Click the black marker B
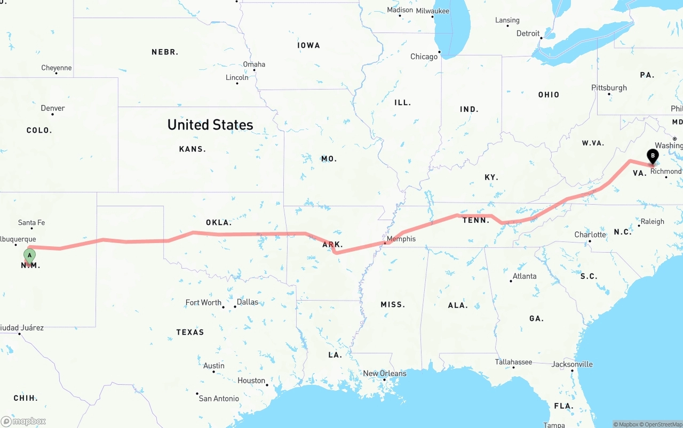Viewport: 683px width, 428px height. pyautogui.click(x=652, y=156)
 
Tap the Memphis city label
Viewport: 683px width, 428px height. pyautogui.click(x=401, y=239)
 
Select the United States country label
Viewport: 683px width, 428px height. pyautogui.click(x=210, y=125)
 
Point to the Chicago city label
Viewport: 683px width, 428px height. pyautogui.click(x=424, y=56)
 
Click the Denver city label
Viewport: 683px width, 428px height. pyautogui.click(x=53, y=108)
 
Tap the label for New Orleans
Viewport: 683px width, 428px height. pyautogui.click(x=384, y=373)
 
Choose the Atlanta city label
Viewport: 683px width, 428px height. pyautogui.click(x=525, y=276)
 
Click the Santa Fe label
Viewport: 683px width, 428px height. pyautogui.click(x=31, y=222)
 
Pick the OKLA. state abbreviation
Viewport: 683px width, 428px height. pyautogui.click(x=219, y=222)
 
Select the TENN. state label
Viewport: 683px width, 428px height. pyautogui.click(x=476, y=220)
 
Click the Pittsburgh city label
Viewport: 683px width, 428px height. pyautogui.click(x=609, y=88)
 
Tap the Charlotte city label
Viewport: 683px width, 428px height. pyautogui.click(x=590, y=235)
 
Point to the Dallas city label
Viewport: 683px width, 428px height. pyautogui.click(x=247, y=302)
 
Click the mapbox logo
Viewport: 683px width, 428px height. pyautogui.click(x=23, y=421)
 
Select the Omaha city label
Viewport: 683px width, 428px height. pyautogui.click(x=254, y=64)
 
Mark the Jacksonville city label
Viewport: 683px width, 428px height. pyautogui.click(x=572, y=364)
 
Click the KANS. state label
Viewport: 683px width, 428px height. pyautogui.click(x=192, y=149)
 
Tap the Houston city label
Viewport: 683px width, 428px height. pyautogui.click(x=251, y=380)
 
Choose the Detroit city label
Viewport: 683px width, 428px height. pyautogui.click(x=528, y=33)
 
